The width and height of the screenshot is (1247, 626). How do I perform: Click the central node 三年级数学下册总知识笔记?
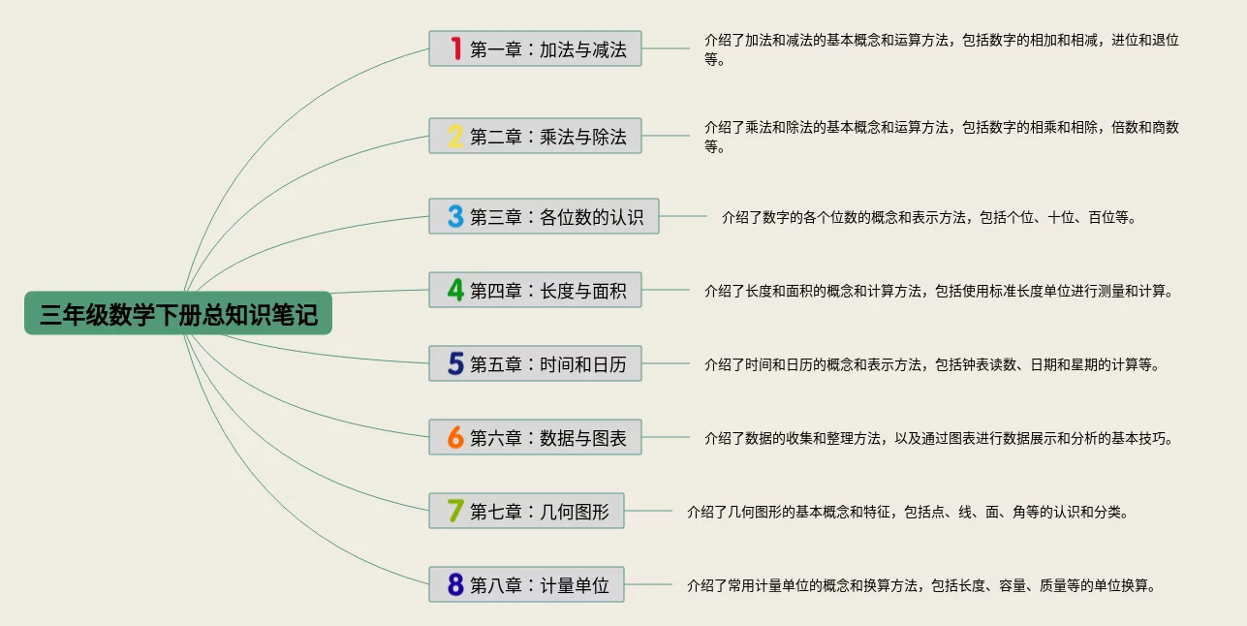pos(178,314)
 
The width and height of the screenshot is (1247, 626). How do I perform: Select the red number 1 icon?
pos(455,48)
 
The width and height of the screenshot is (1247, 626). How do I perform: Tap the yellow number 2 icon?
pos(455,136)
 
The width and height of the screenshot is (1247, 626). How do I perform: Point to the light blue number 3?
pos(455,216)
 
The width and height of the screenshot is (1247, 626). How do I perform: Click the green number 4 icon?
pos(455,290)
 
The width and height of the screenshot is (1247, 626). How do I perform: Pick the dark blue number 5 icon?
pos(455,363)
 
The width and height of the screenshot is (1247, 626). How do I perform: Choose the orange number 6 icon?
pos(455,437)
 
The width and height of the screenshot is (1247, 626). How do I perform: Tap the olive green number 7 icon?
pos(455,511)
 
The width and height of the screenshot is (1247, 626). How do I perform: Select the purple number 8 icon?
pos(455,584)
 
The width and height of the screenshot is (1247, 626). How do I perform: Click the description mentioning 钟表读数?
pos(931,365)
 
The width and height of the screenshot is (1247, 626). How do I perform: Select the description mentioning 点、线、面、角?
pos(907,512)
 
